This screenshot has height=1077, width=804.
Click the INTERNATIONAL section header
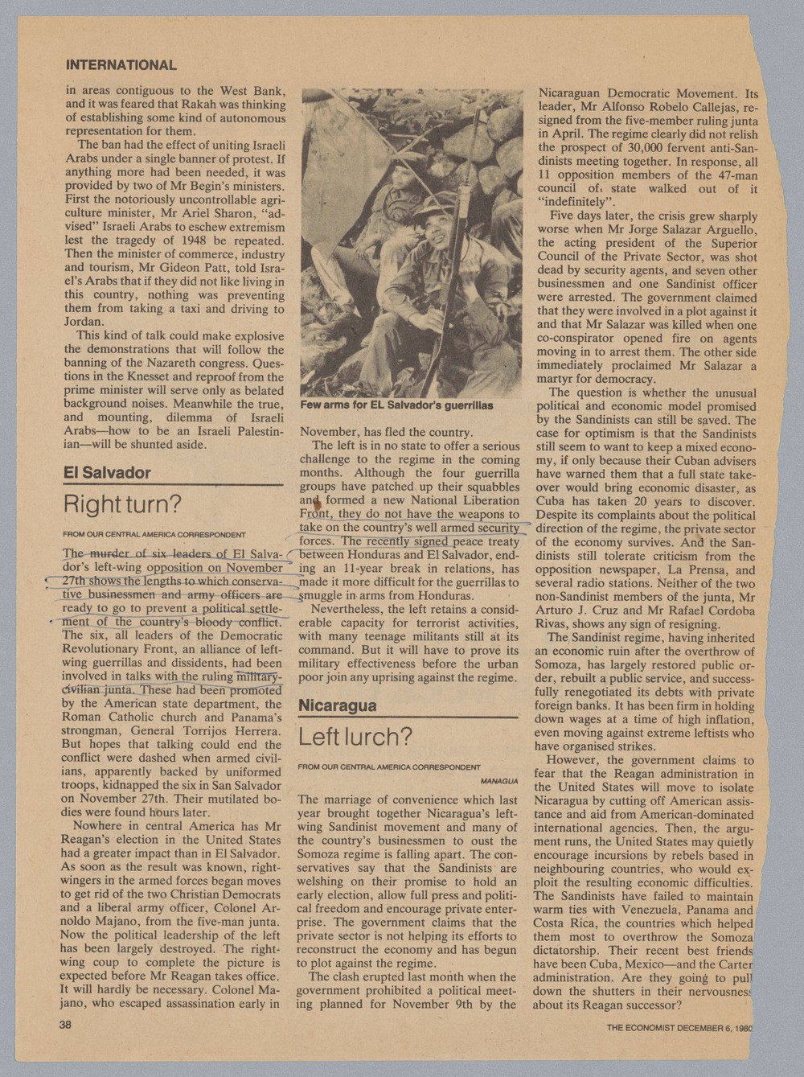121,65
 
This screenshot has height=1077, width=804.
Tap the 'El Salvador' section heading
107,473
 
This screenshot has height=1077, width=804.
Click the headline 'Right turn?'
123,506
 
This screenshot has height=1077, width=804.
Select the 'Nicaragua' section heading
338,706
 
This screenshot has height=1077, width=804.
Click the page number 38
65,1025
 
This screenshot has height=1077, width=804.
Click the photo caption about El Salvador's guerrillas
396,405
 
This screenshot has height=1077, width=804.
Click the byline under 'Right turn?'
154,534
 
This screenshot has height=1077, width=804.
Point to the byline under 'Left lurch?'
389,767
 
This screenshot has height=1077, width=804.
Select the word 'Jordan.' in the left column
84,321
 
